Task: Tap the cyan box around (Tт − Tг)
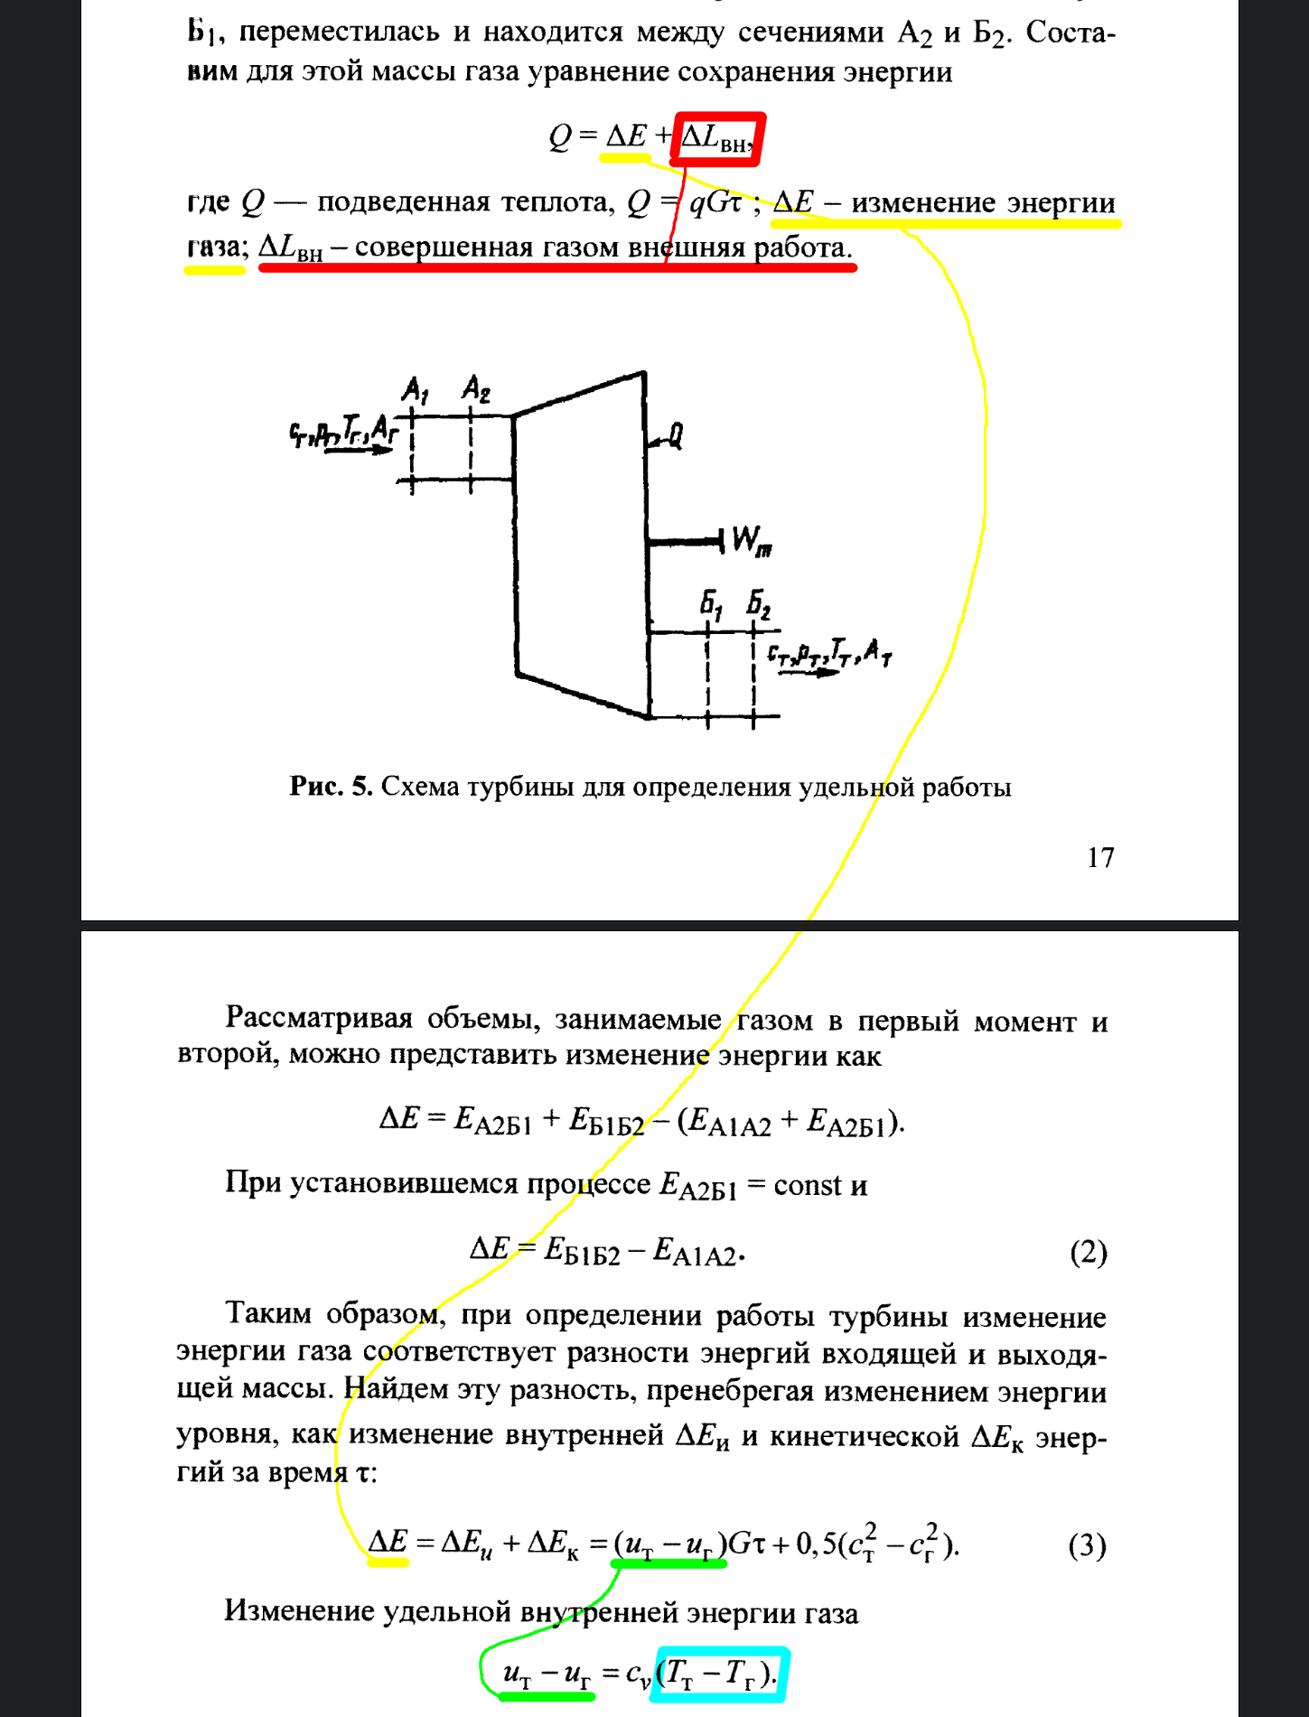click(719, 1674)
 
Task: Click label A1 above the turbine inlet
click(415, 390)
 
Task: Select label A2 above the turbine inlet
click(475, 389)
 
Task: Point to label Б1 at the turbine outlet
click(711, 603)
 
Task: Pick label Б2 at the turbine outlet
click(758, 603)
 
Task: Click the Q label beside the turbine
click(674, 436)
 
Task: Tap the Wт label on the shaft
click(751, 541)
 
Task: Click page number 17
click(1100, 856)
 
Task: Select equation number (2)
click(1088, 1253)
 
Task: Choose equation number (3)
click(1087, 1545)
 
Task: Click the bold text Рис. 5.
click(331, 787)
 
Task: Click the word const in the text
click(807, 1184)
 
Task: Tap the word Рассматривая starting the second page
click(319, 1018)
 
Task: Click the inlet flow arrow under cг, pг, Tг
click(358, 449)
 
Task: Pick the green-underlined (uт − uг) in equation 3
click(669, 1544)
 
